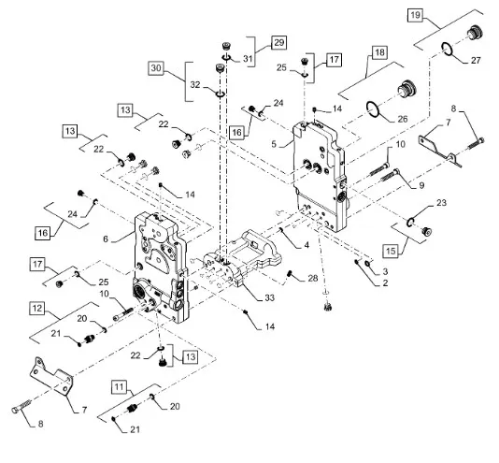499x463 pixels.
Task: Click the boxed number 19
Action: click(x=415, y=15)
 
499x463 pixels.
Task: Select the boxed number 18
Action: click(x=379, y=52)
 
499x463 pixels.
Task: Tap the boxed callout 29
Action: click(x=278, y=42)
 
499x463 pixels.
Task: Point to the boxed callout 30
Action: click(x=156, y=68)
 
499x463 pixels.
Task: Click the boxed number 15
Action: click(x=391, y=251)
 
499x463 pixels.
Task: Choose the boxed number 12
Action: click(x=37, y=308)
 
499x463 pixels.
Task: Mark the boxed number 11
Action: click(x=119, y=387)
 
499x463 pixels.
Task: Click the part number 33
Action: click(x=269, y=298)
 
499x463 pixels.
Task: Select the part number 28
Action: click(x=313, y=278)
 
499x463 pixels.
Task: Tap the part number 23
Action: click(x=441, y=203)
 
